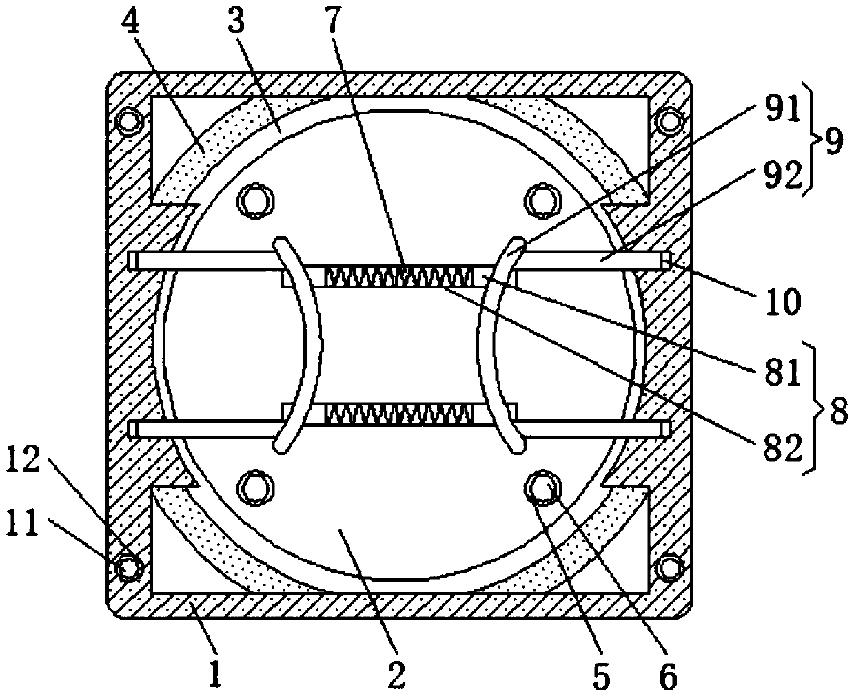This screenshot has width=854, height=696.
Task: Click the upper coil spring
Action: (399, 277)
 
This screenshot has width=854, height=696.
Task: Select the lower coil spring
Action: (399, 413)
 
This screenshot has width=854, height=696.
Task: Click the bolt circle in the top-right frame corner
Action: (668, 121)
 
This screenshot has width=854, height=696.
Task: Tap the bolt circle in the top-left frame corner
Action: (128, 121)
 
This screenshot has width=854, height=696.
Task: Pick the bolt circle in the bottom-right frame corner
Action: (668, 568)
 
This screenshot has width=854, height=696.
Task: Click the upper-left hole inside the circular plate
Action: (254, 200)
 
